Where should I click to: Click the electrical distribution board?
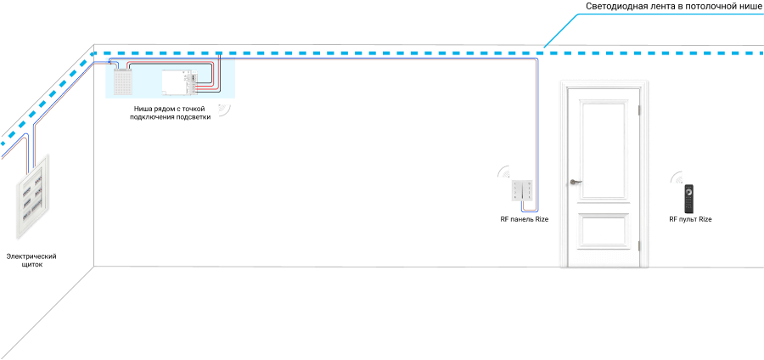pos(33,196)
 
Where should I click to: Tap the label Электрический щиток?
pos(31,260)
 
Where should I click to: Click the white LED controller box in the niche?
pos(180,81)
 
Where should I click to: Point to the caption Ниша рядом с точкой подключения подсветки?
pos(170,113)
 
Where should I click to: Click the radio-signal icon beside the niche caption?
pos(225,110)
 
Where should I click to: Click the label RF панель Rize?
pos(525,220)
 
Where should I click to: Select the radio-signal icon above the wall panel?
pos(503,172)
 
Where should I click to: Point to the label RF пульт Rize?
pos(690,220)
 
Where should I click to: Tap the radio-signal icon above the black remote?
pos(677,177)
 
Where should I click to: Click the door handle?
pos(576,182)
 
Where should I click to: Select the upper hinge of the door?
pos(641,110)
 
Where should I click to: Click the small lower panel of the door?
pos(604,233)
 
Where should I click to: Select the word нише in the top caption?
pos(751,7)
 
